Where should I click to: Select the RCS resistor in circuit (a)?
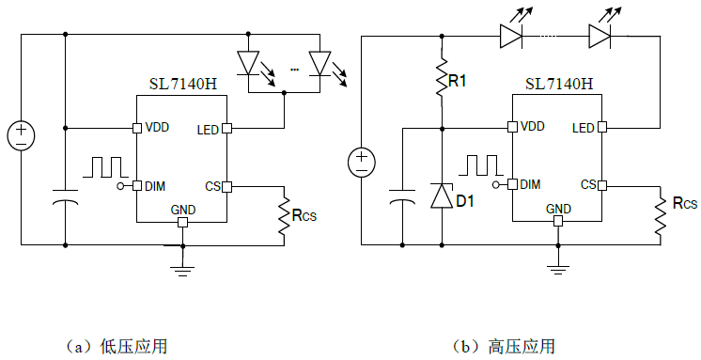284,215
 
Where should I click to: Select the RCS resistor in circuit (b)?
660,215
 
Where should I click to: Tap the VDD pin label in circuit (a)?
156,128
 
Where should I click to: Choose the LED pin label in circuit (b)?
584,128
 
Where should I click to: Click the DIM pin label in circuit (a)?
155,186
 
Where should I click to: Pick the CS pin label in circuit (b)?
588,184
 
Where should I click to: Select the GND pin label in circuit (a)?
182,209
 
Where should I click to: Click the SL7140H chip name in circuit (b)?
558,84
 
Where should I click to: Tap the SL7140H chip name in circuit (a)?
183,84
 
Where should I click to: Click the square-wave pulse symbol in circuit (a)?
105,166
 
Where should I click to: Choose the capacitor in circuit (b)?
402,199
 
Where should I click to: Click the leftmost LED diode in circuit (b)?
510,36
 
